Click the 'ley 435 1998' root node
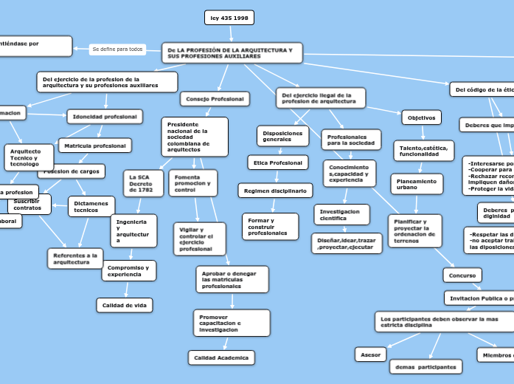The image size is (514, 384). (x=229, y=18)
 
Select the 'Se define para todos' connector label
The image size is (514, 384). (x=117, y=49)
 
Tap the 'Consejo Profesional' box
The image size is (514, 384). (x=215, y=99)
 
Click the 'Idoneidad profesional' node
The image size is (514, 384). (x=104, y=117)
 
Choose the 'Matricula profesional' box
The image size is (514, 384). (x=95, y=145)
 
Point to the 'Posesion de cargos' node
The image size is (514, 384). (x=71, y=171)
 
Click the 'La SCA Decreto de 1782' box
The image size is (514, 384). (x=143, y=183)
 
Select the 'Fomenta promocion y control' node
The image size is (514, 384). (x=192, y=183)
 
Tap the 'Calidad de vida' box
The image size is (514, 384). (x=125, y=305)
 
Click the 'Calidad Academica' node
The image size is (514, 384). (x=221, y=357)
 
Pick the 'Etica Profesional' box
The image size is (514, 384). (x=277, y=162)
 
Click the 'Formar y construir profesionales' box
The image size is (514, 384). (x=270, y=227)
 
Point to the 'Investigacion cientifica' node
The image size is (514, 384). (x=341, y=214)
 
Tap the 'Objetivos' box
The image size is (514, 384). (x=422, y=117)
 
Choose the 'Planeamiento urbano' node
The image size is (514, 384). (x=417, y=184)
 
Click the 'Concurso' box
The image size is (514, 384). (x=462, y=275)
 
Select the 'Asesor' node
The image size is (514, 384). (x=370, y=354)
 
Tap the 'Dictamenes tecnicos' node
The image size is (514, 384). (x=91, y=207)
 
